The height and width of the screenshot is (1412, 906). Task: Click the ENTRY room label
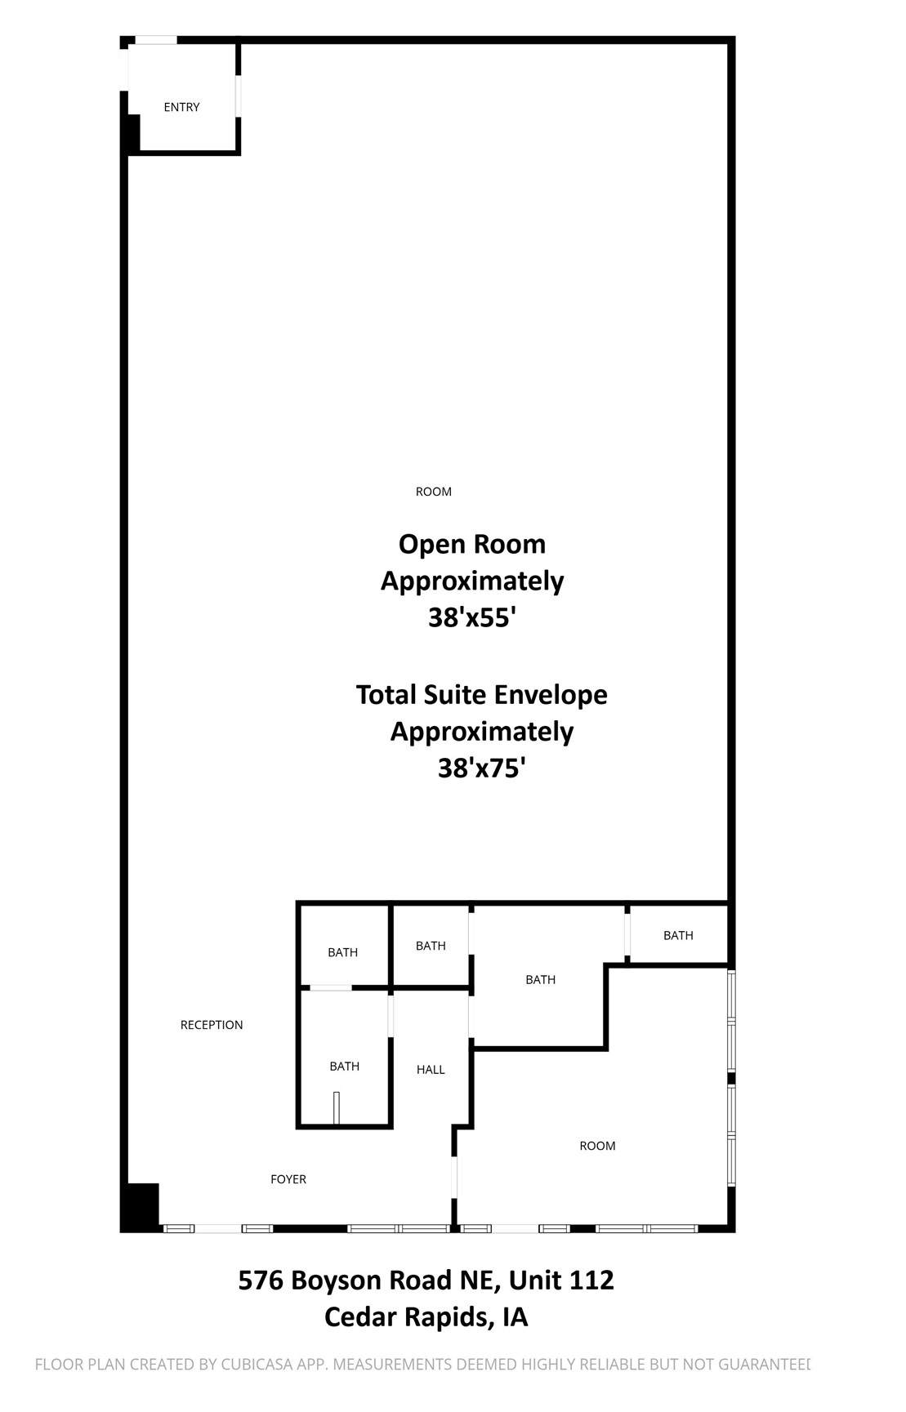click(181, 107)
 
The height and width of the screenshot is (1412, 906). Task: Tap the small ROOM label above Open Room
click(434, 492)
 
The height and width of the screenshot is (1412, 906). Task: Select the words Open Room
click(472, 544)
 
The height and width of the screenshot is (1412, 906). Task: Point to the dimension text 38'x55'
click(472, 617)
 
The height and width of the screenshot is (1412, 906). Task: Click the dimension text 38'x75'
click(481, 768)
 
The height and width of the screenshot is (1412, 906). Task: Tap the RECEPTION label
click(212, 1025)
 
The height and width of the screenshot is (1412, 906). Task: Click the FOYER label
click(288, 1179)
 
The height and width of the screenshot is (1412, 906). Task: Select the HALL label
click(431, 1070)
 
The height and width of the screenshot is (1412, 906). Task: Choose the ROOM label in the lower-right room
click(597, 1146)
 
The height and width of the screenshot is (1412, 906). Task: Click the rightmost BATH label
click(678, 935)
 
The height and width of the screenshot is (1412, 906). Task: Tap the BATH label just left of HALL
click(345, 1066)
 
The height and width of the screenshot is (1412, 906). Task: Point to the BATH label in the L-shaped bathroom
click(540, 979)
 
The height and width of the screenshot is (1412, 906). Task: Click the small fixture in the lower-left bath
click(336, 1108)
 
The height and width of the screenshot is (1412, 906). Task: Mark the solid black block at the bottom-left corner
click(141, 1206)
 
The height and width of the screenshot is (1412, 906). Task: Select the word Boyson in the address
click(338, 1281)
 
